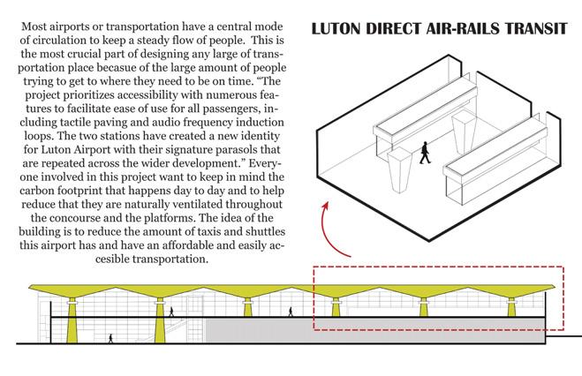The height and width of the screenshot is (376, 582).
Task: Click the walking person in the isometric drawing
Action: (x=425, y=152)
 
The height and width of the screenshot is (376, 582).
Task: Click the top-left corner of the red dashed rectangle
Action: (x=314, y=266)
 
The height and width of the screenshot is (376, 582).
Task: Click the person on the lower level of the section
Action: (x=110, y=338)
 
